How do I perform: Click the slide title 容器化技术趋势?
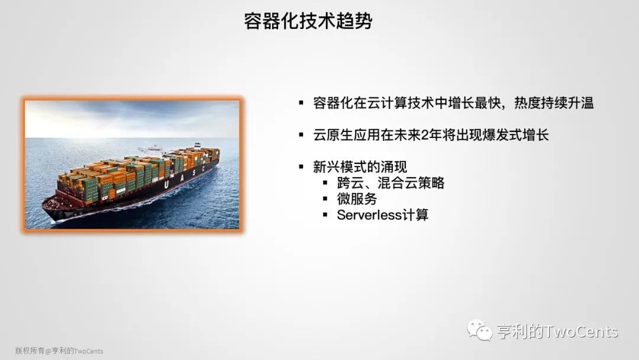pyautogui.click(x=308, y=21)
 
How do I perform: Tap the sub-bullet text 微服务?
pyautogui.click(x=357, y=199)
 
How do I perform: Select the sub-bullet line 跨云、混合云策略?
pyautogui.click(x=390, y=183)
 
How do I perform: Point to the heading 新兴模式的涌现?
pyautogui.click(x=360, y=167)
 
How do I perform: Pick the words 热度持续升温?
pyautogui.click(x=554, y=103)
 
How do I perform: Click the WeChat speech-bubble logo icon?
pyautogui.click(x=479, y=330)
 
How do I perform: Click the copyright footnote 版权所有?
pyautogui.click(x=30, y=351)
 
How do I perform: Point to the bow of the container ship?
pyautogui.click(x=46, y=206)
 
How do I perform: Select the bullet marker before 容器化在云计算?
pyautogui.click(x=301, y=102)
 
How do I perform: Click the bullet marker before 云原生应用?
pyautogui.click(x=301, y=134)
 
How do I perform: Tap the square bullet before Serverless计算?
pyautogui.click(x=325, y=214)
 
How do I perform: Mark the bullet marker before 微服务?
pyautogui.click(x=325, y=198)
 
